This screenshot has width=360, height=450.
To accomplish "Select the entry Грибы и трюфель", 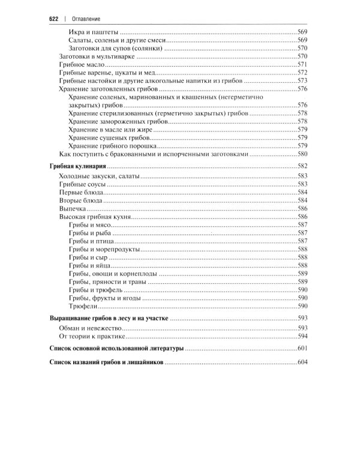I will tap(95, 289).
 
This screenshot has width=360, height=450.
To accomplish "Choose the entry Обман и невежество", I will tap(90, 329).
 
